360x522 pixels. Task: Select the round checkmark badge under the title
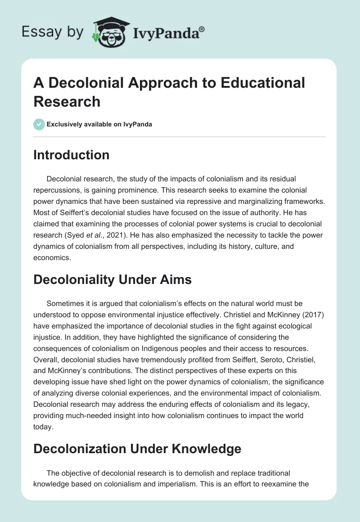(39, 124)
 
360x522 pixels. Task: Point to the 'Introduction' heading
(71, 155)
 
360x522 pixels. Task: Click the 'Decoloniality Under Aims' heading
(112, 279)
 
